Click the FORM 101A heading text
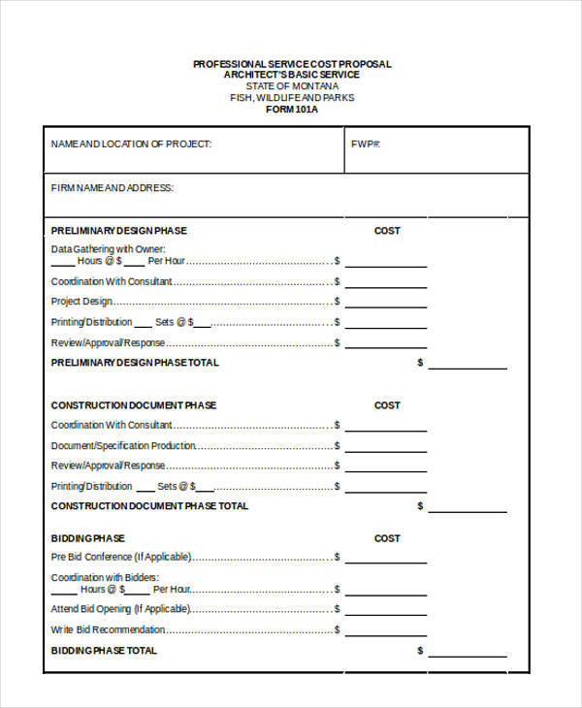pos(292,110)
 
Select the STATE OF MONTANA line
pos(292,86)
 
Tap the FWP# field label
pos(365,144)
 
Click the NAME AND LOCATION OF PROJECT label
pos(131,144)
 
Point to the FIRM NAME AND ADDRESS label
pos(113,188)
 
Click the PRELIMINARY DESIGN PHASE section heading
pos(118,231)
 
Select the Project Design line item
pos(81,302)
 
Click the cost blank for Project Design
pos(385,307)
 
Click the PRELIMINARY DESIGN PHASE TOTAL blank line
pos(467,368)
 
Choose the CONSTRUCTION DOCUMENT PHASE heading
pos(134,405)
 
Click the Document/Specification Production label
pos(123,445)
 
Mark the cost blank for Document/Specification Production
pos(385,451)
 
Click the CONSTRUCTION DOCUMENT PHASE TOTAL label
pos(149,505)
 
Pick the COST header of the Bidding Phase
pos(387,538)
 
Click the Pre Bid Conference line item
pos(120,557)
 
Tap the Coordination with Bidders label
pos(104,577)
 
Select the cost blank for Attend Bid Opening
pos(385,615)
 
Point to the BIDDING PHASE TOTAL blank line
pos(467,656)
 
